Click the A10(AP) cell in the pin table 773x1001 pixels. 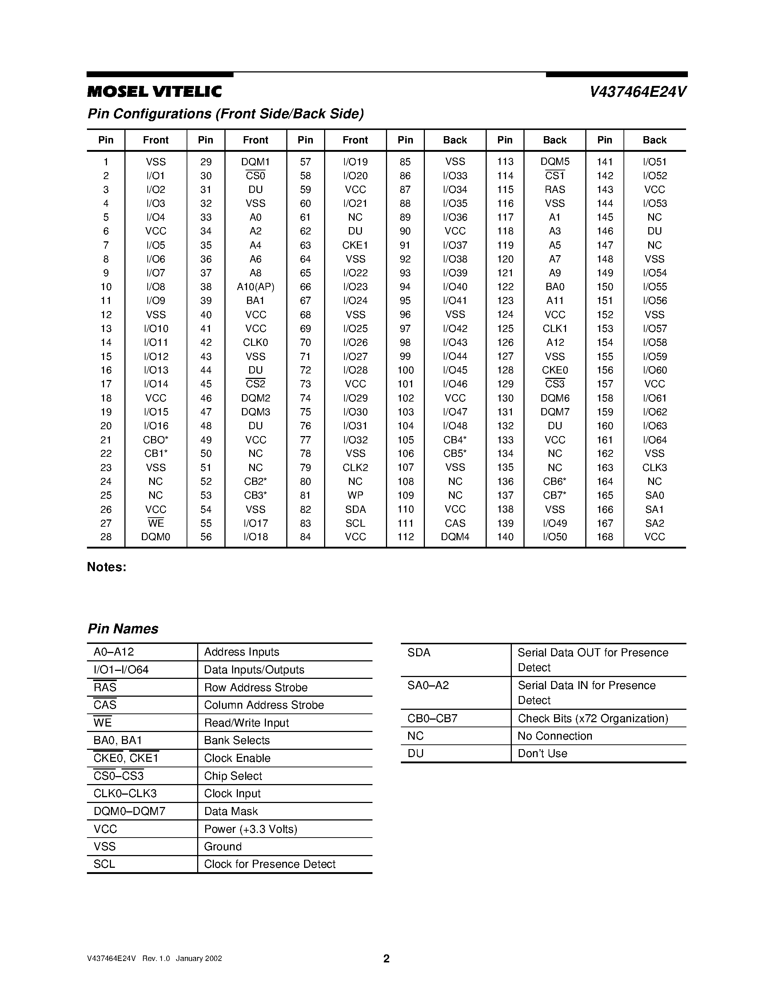tap(255, 287)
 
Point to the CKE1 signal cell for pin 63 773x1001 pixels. tap(355, 245)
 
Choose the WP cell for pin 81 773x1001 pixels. tap(355, 495)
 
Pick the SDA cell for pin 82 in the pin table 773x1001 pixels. tap(355, 509)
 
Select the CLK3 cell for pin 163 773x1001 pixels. tap(654, 467)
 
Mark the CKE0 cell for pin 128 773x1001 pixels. tap(555, 370)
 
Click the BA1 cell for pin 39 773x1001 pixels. tap(255, 301)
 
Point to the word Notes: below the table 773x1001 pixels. tap(106, 567)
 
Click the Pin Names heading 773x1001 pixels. tap(123, 629)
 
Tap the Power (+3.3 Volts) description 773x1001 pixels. tap(251, 829)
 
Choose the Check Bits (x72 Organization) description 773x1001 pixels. tap(593, 718)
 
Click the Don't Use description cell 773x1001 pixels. tap(542, 753)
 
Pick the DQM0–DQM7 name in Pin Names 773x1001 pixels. tap(129, 811)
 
